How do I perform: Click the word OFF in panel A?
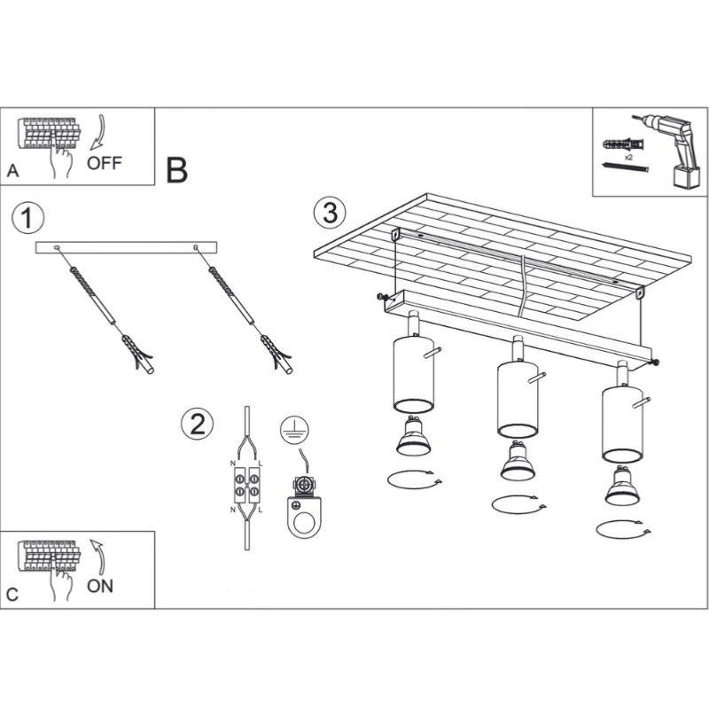[x=105, y=163]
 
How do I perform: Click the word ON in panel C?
[x=100, y=586]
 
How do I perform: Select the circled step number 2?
[x=197, y=424]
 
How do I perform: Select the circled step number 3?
[x=329, y=213]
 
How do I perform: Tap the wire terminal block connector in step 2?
[x=246, y=487]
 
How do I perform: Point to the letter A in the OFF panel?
[x=12, y=171]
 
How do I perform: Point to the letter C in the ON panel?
[x=12, y=594]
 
